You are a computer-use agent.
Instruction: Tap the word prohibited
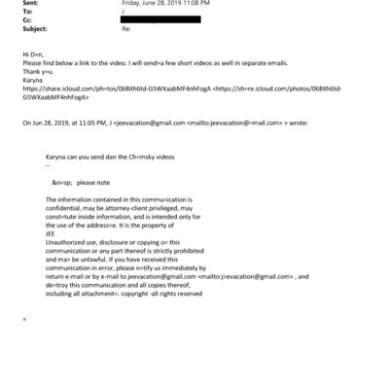[184, 250]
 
